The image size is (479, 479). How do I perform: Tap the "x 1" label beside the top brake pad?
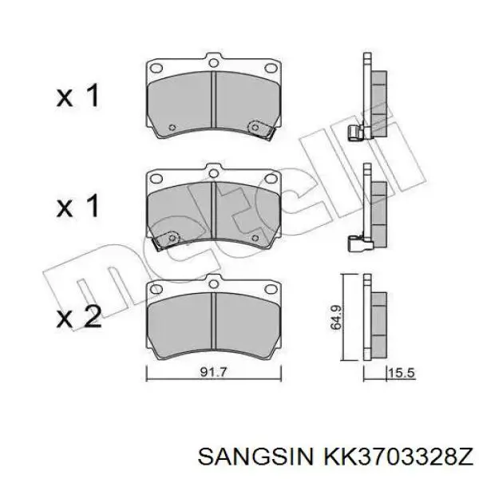click(x=78, y=97)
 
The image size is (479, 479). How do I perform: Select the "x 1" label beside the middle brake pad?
click(x=78, y=207)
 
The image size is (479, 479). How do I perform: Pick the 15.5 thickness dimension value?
click(x=400, y=372)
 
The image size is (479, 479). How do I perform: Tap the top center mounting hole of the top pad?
click(x=213, y=62)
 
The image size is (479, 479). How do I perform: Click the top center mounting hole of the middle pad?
click(x=213, y=171)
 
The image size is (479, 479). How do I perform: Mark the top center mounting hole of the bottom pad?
click(x=213, y=280)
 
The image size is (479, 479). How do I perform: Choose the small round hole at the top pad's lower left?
click(x=172, y=125)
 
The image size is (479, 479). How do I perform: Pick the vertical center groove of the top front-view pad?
click(x=213, y=100)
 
